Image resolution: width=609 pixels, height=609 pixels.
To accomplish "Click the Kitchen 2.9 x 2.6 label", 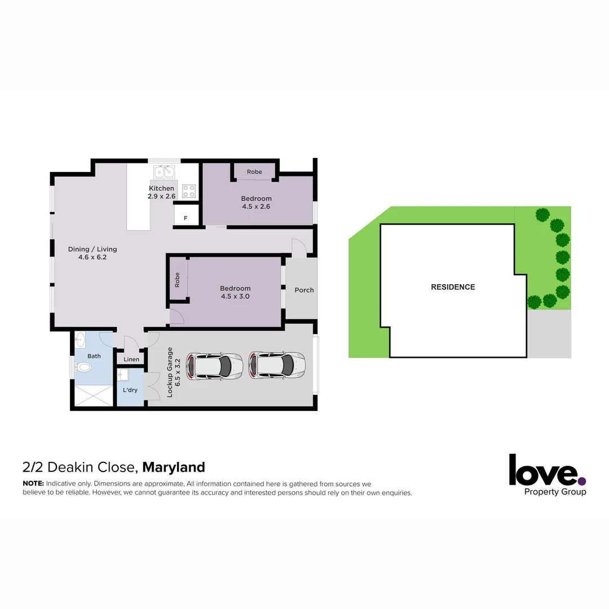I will [162, 192].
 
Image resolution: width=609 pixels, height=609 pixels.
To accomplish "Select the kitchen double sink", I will [165, 171].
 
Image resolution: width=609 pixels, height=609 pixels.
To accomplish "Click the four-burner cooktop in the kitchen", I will [188, 191].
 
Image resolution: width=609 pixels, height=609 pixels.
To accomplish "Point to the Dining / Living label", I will [92, 253].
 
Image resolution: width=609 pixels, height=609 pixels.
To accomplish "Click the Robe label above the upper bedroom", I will [254, 171].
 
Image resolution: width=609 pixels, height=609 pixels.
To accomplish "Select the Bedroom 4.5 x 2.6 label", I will [256, 202].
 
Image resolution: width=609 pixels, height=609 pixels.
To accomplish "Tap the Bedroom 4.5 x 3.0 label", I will [235, 292].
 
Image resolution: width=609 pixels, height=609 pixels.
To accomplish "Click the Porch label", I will [304, 290].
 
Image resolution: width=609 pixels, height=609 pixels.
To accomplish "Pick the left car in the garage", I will [215, 365].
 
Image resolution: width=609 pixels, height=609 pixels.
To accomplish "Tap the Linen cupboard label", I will [131, 359].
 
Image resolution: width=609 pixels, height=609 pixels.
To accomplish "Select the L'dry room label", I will [130, 390].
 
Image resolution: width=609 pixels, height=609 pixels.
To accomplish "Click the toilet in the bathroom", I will [85, 368].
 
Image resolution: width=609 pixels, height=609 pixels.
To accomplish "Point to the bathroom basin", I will [80, 340].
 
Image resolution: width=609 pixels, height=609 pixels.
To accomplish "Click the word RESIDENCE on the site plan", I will [453, 287].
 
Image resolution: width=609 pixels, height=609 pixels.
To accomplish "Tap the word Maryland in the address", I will [174, 467].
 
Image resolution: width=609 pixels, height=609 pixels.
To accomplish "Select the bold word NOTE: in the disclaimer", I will [33, 484].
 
